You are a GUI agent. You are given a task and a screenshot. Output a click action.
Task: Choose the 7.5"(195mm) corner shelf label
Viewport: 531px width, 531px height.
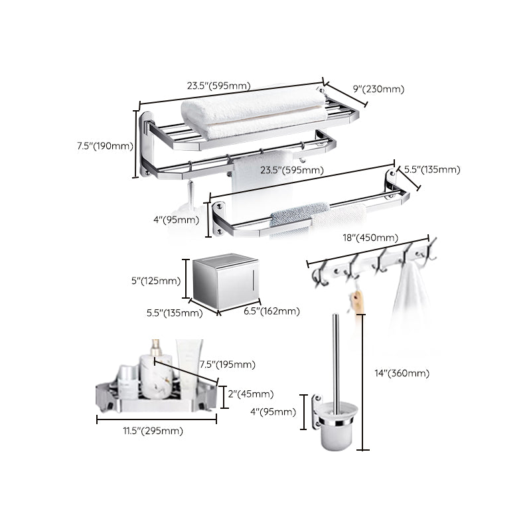(227, 364)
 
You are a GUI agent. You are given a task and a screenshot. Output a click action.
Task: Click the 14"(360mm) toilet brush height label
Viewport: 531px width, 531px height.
(402, 373)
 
